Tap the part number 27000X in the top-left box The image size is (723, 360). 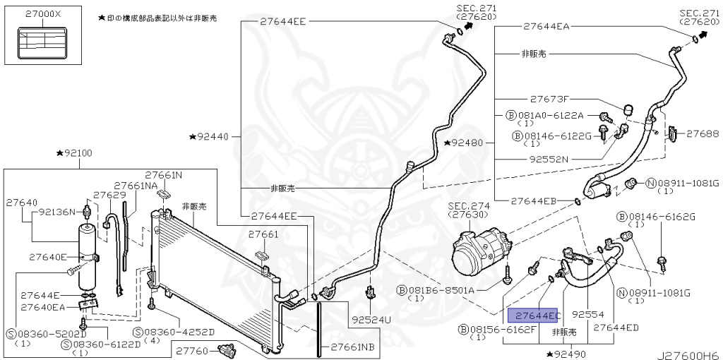43,14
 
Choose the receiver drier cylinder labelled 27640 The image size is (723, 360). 88,258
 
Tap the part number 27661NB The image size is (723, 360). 347,347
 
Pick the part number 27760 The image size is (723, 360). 191,349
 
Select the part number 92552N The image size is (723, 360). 549,159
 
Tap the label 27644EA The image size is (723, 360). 546,26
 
